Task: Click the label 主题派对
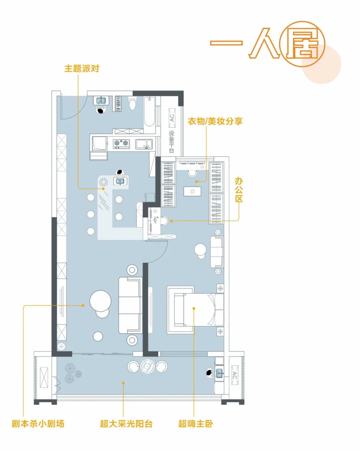(x=82, y=69)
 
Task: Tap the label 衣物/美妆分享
(x=215, y=121)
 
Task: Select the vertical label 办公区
(x=239, y=190)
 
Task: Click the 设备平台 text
(x=172, y=142)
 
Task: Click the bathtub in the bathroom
(x=150, y=112)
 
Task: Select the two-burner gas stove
(x=121, y=143)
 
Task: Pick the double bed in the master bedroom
(x=199, y=310)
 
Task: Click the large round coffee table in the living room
(x=100, y=301)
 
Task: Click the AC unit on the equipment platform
(x=172, y=118)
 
